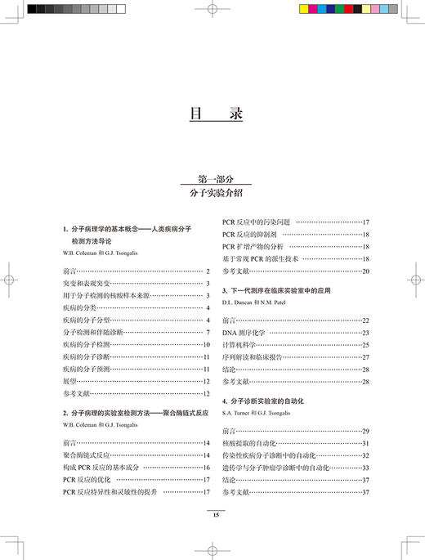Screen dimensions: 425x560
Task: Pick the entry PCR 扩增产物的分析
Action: pyautogui.click(x=253, y=246)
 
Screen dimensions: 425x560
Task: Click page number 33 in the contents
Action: pyautogui.click(x=366, y=467)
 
